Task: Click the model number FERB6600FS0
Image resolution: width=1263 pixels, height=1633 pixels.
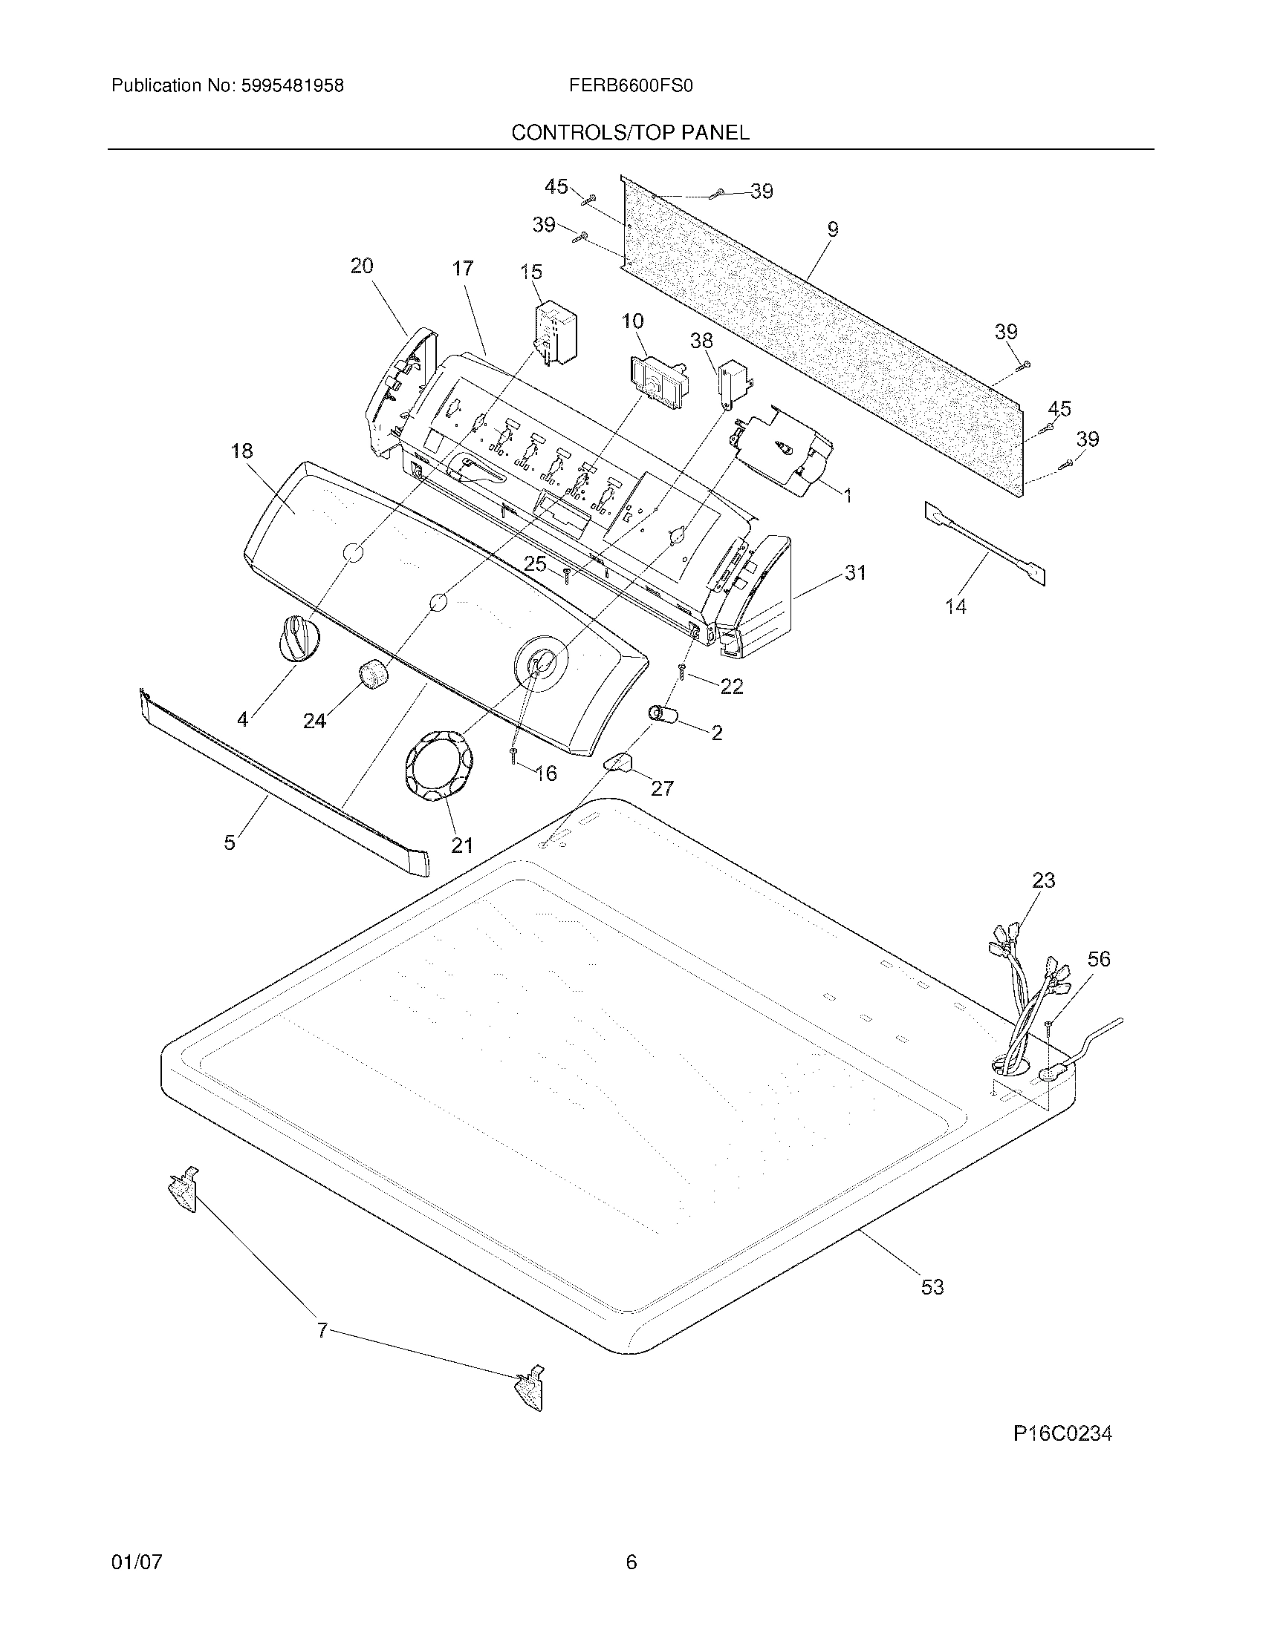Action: click(x=630, y=86)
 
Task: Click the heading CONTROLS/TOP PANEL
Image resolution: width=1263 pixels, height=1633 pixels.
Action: click(x=630, y=133)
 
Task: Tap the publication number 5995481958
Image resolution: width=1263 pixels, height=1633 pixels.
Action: click(x=293, y=86)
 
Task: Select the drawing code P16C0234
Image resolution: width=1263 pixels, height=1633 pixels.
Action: click(x=1062, y=1433)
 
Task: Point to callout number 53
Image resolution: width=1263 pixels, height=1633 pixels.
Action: click(x=932, y=1287)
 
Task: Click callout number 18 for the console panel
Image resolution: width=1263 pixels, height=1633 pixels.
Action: click(x=241, y=451)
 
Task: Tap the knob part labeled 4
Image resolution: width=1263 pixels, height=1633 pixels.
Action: click(x=299, y=637)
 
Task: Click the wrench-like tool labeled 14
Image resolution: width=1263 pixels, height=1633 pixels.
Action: click(x=984, y=542)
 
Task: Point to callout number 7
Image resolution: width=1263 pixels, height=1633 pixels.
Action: click(x=322, y=1330)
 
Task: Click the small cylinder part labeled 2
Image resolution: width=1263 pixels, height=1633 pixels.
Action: click(x=663, y=716)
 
